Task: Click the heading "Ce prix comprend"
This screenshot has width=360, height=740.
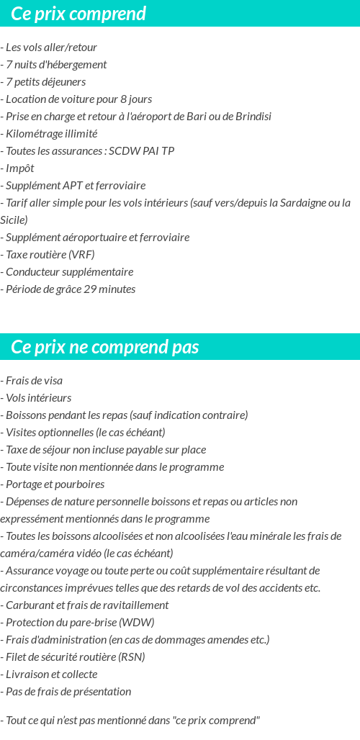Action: (x=78, y=14)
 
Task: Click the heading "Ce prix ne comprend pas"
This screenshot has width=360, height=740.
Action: (x=105, y=347)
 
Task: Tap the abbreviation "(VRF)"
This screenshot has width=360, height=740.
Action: (x=81, y=255)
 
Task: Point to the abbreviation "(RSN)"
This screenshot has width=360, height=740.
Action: (x=130, y=656)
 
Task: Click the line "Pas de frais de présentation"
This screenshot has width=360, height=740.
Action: (x=67, y=691)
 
